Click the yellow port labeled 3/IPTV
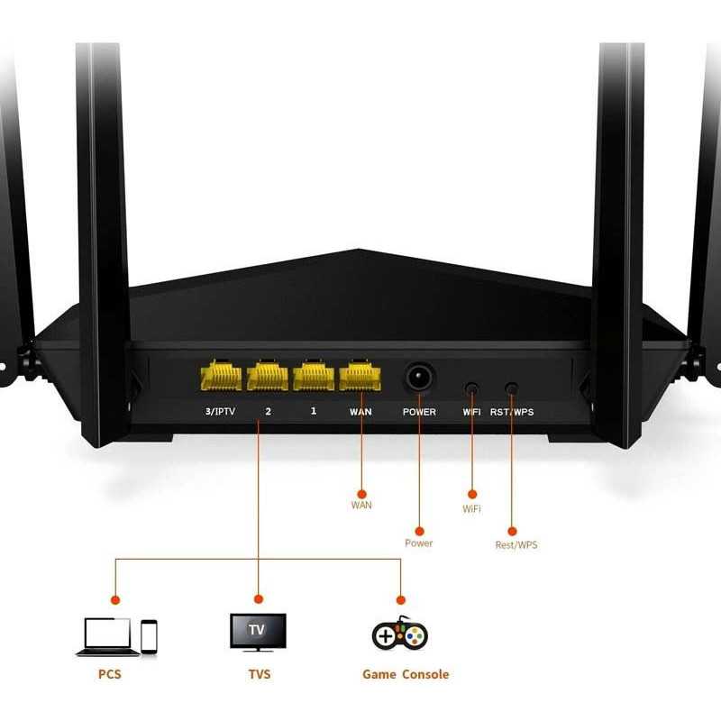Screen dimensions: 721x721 pos(221,375)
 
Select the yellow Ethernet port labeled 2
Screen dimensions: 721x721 pos(268,375)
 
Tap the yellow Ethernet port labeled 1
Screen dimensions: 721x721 pos(314,375)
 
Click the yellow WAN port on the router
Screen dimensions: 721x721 pos(360,375)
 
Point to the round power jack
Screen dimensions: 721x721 pos(419,378)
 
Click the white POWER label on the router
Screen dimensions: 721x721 pos(419,412)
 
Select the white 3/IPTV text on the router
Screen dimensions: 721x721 pos(220,411)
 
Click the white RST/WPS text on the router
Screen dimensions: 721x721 pos(512,412)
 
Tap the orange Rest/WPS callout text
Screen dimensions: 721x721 pos(516,545)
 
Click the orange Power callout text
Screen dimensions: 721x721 pos(418,543)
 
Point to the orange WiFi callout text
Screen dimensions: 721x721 pos(471,508)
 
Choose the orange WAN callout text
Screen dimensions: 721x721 pos(361,505)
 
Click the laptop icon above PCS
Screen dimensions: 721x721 pos(107,636)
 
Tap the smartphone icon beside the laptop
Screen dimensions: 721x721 pos(149,637)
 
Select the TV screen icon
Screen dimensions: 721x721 pos(258,632)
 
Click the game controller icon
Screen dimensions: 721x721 pos(400,634)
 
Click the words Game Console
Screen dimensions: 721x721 pos(406,674)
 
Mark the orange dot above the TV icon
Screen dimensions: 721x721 pos(259,599)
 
